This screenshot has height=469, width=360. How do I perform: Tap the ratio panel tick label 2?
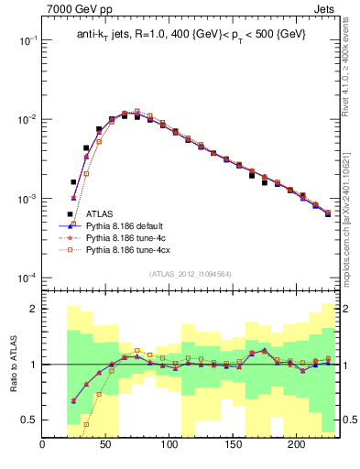[x=31, y=309]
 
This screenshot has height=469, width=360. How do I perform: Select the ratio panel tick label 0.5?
[x=27, y=420]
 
